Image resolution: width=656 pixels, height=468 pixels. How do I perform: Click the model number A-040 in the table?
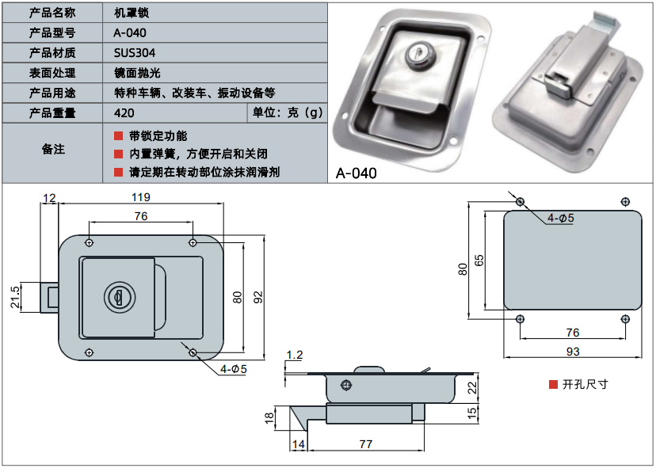tap(130, 33)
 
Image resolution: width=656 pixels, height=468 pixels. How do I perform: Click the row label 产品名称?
tap(52, 13)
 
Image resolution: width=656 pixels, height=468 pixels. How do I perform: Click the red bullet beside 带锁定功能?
tap(118, 136)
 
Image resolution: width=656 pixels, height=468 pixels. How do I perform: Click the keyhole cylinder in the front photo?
tap(416, 54)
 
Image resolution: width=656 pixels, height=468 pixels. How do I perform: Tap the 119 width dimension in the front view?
tap(140, 197)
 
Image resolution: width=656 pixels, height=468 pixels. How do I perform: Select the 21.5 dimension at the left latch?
tap(15, 298)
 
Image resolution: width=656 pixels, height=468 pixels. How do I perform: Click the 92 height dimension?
tap(257, 297)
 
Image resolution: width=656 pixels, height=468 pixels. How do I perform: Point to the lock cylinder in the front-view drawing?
tap(116, 297)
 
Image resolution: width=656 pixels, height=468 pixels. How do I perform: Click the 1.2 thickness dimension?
tap(295, 355)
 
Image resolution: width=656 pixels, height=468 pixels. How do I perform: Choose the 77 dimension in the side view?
tap(365, 445)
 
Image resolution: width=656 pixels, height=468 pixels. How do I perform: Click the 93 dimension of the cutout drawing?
tap(572, 351)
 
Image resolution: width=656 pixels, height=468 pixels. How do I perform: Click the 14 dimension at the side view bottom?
tap(298, 445)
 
